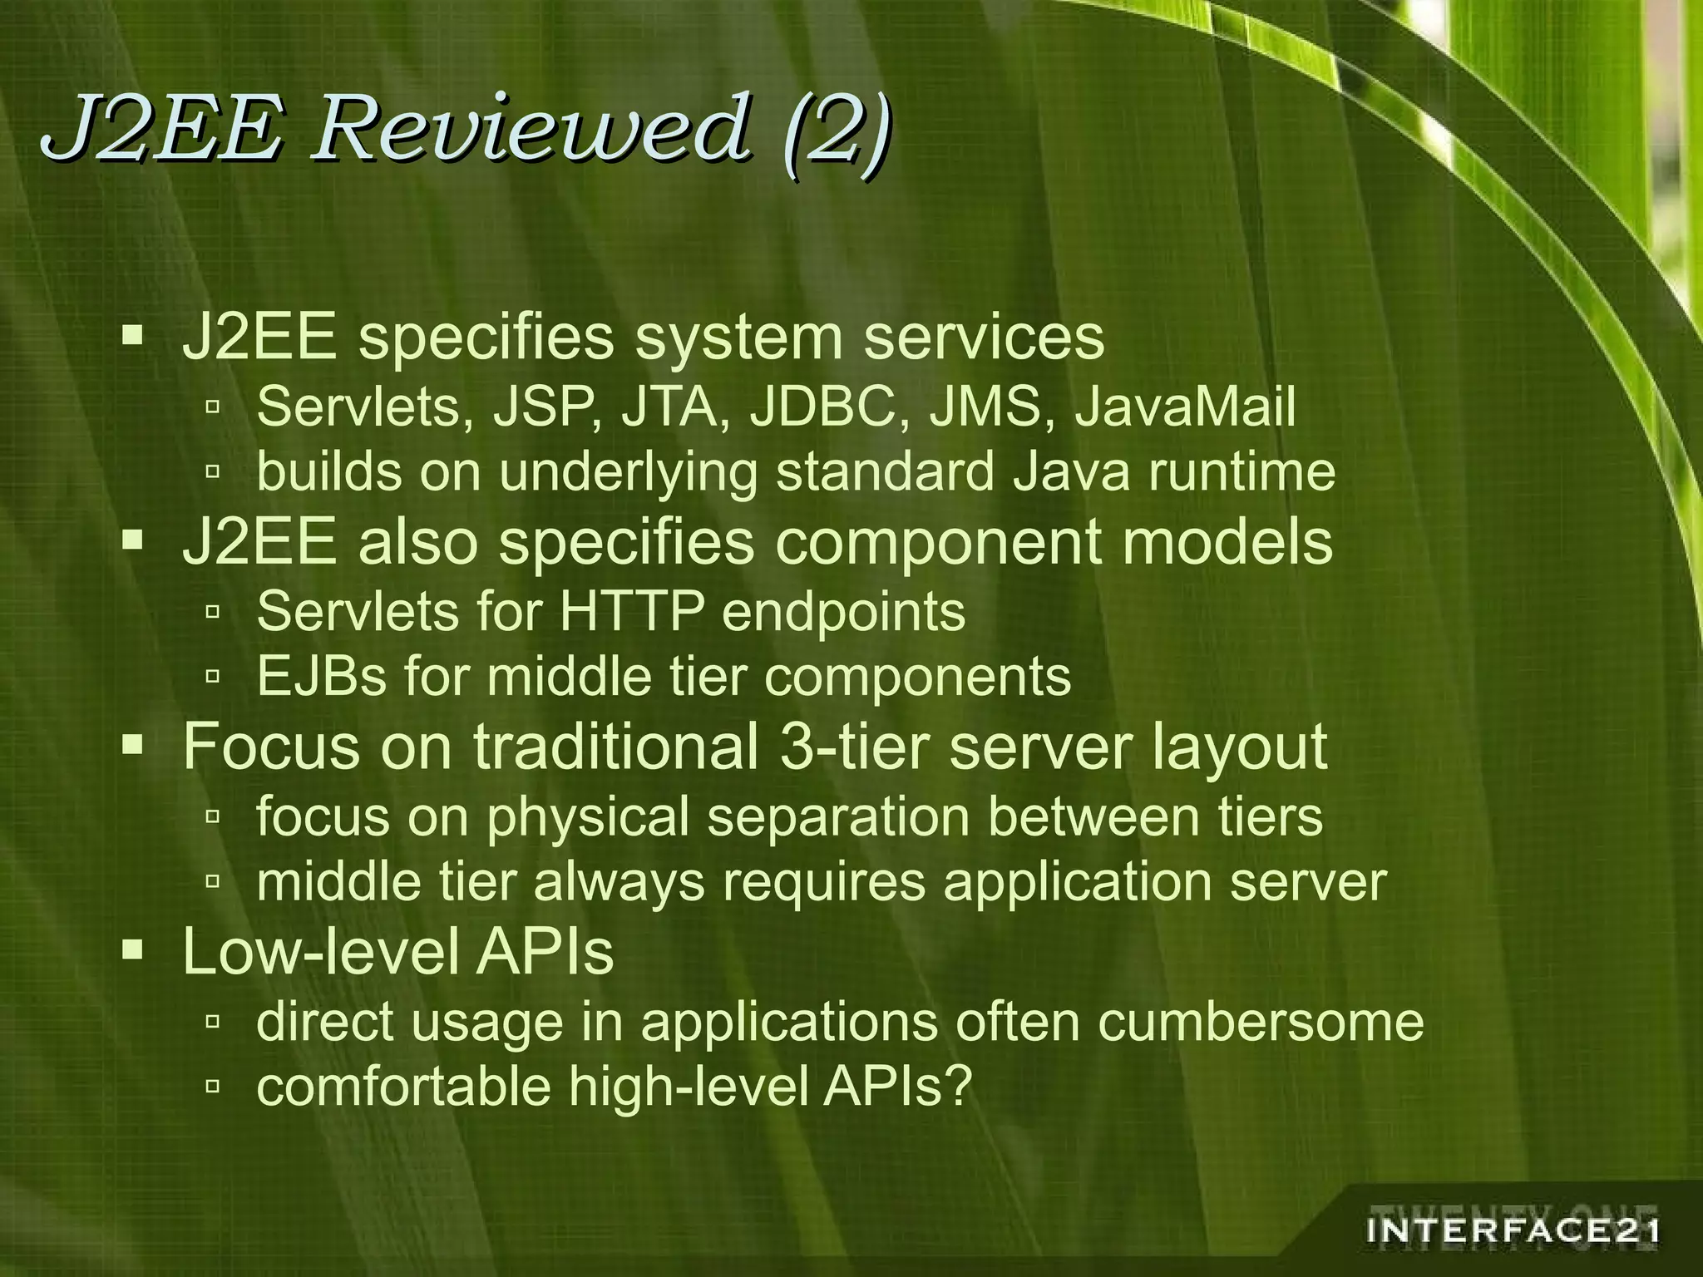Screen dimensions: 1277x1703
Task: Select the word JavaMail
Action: pos(1185,408)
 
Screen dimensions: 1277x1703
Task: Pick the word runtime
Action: pos(1241,472)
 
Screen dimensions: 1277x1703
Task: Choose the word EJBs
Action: pos(321,677)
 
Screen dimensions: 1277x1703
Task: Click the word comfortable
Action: pos(403,1086)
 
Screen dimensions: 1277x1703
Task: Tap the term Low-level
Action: pos(320,951)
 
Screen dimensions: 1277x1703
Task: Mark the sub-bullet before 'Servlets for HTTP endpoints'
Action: pos(213,613)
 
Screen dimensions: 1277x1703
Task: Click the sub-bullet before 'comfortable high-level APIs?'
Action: pos(213,1086)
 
